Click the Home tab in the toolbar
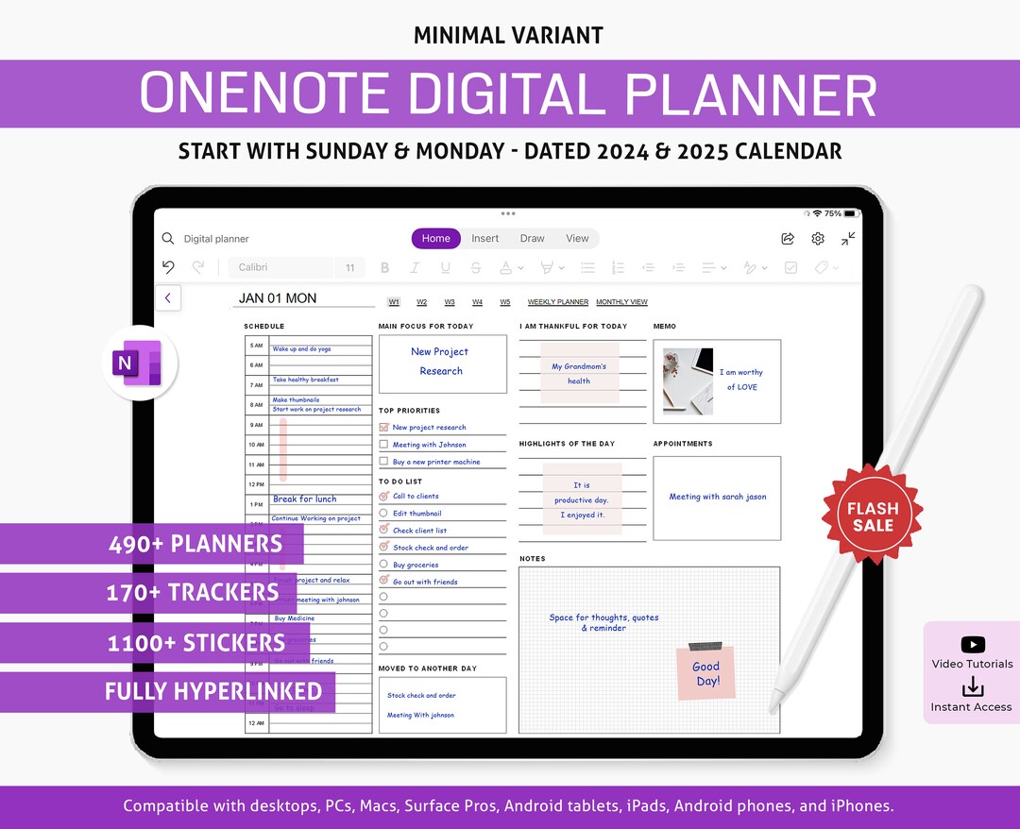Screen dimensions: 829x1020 [435, 239]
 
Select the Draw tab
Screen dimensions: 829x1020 [533, 239]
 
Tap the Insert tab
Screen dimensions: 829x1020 [485, 239]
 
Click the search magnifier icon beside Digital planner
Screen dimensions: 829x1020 [168, 239]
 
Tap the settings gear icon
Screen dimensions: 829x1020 [818, 239]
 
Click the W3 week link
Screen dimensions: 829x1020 [450, 302]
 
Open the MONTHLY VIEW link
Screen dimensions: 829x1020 [621, 302]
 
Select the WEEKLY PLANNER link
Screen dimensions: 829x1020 [558, 302]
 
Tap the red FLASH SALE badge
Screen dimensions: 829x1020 [872, 516]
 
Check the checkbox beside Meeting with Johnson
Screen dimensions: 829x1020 [383, 445]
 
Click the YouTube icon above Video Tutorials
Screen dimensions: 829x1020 [972, 645]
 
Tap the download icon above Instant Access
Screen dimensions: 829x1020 [972, 686]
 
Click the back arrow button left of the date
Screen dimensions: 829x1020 [168, 298]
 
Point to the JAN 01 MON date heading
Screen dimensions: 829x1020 [278, 298]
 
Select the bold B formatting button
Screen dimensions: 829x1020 [384, 268]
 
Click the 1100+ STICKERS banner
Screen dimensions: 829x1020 [195, 643]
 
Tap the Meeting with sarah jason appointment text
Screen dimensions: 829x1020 [718, 497]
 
